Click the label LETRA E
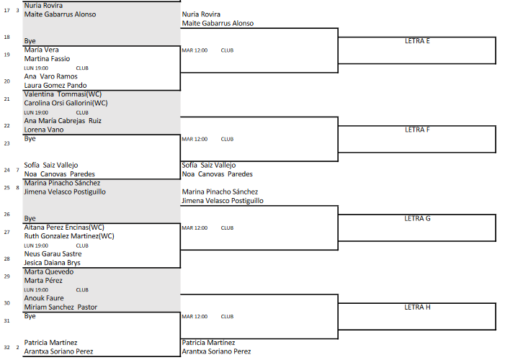point(417,41)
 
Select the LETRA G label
point(417,219)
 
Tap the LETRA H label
point(417,307)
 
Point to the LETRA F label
point(417,130)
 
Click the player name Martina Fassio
point(47,59)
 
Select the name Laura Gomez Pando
point(55,86)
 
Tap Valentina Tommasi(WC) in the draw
point(63,94)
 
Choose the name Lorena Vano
point(44,130)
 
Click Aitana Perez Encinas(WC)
point(64,228)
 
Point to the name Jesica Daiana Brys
point(53,263)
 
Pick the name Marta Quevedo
point(49,271)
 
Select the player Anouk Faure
point(44,298)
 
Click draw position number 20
point(6,81)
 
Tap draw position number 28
point(6,258)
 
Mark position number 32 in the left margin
point(6,347)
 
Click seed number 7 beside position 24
point(18,170)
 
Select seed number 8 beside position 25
point(18,188)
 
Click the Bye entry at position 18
point(30,41)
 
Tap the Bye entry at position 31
point(30,316)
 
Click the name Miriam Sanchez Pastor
point(61,307)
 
